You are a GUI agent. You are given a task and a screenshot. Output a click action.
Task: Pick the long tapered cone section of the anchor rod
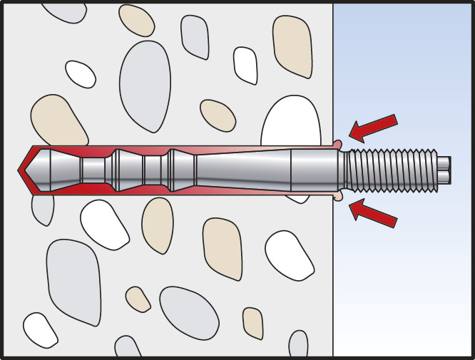coord(242,170)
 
